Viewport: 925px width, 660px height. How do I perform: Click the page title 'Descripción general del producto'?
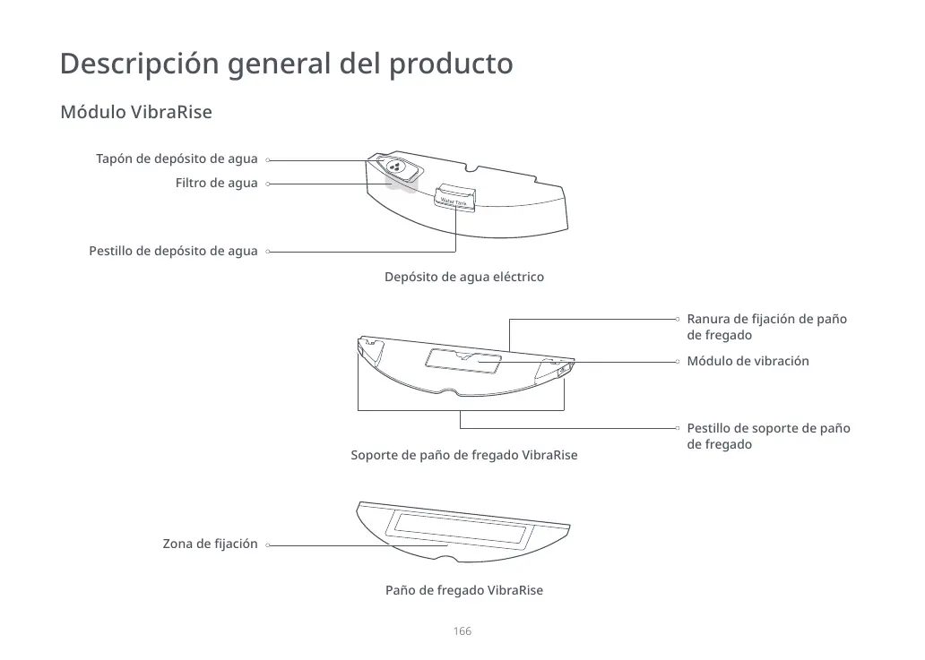tap(286, 64)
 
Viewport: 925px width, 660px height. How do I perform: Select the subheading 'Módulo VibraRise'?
tap(135, 114)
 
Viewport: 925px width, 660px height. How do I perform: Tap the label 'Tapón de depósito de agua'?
tap(177, 159)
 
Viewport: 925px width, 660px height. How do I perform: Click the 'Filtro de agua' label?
tap(216, 184)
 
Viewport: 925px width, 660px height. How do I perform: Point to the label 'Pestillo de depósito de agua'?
tap(173, 252)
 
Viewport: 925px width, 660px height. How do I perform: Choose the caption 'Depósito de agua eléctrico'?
tap(463, 277)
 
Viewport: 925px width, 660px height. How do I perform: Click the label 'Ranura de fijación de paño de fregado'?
tap(766, 327)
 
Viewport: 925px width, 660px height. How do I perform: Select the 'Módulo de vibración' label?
tap(748, 361)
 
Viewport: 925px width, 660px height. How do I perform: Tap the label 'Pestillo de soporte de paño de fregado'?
tap(768, 436)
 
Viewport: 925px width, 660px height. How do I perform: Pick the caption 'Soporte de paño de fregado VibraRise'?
tap(463, 456)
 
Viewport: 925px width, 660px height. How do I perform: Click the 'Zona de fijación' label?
tap(210, 544)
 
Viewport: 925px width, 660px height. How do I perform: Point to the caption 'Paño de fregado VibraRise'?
tap(463, 591)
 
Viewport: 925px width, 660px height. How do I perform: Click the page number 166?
tap(462, 632)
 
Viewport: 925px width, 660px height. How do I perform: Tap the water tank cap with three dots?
tap(394, 166)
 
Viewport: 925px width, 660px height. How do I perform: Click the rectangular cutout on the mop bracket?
tap(463, 360)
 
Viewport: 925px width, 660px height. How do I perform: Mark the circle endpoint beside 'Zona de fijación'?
tap(268, 544)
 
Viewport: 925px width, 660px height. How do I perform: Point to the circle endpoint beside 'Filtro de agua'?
tap(268, 184)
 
